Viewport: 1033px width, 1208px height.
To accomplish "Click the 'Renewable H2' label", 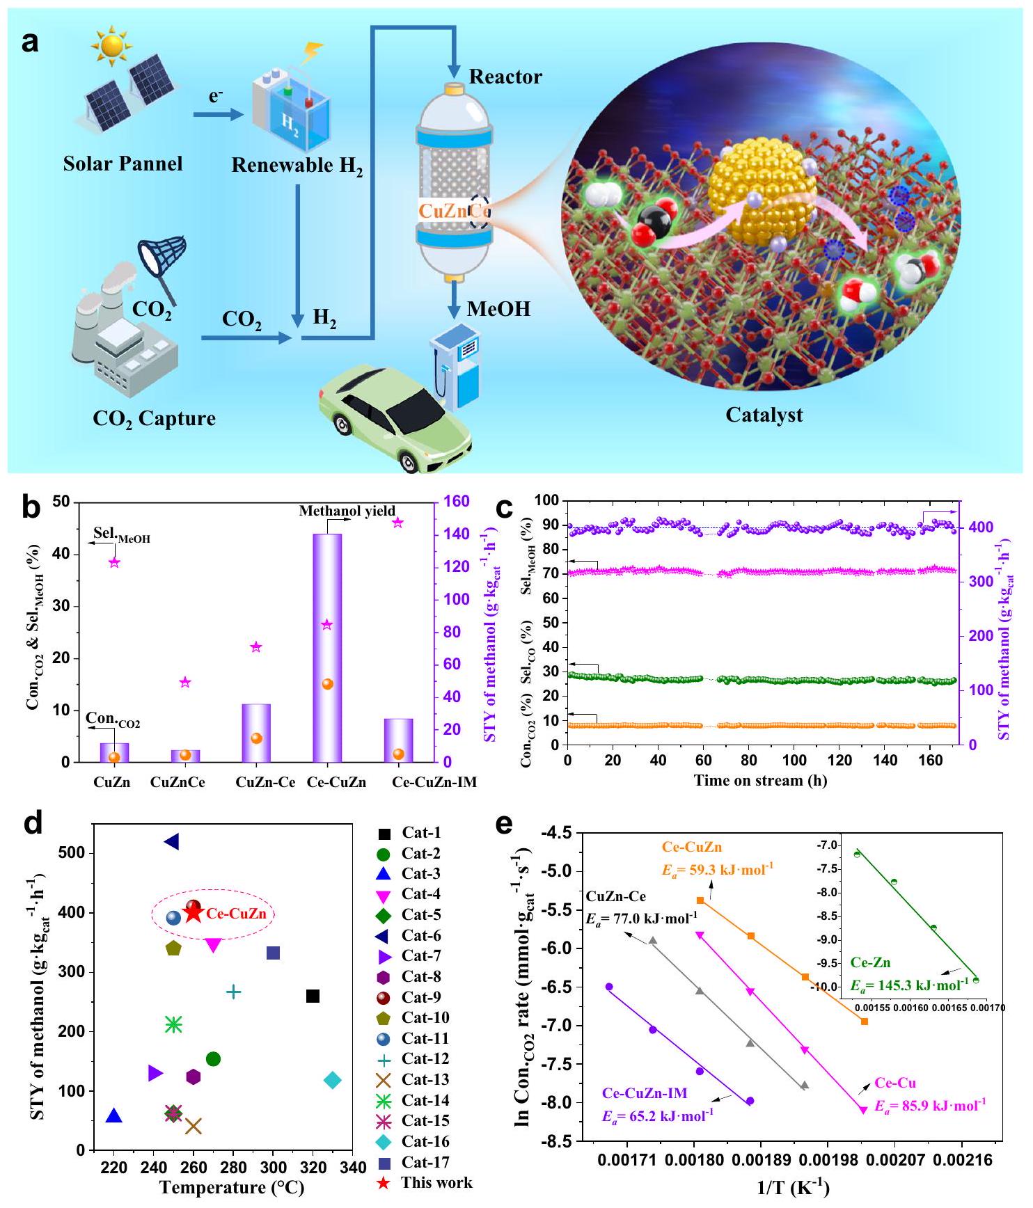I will tap(297, 166).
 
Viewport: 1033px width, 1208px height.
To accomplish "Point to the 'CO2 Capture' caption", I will tap(154, 418).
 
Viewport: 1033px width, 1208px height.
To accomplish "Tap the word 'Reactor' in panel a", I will tap(505, 77).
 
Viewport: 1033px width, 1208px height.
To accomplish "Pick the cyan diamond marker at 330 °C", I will tap(333, 1081).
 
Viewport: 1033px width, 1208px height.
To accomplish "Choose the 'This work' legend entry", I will tap(436, 1182).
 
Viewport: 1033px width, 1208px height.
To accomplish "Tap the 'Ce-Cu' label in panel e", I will tap(895, 1083).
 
